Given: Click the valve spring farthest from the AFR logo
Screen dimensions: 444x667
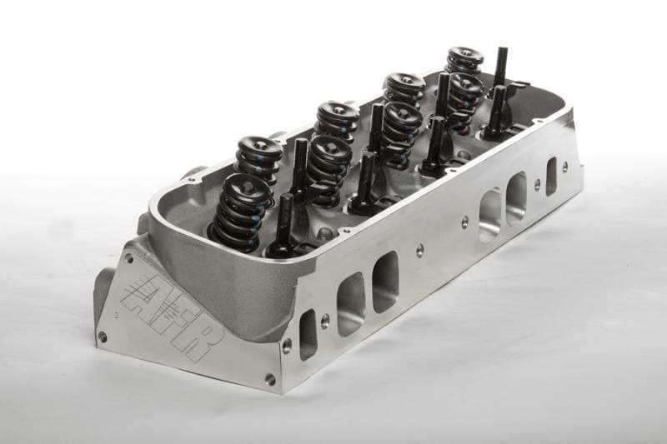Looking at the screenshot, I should pos(464,60).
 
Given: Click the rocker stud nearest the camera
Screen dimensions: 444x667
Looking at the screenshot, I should pos(283,222).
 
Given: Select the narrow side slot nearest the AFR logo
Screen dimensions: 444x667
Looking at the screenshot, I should pos(308,332).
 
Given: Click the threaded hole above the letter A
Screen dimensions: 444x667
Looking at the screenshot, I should pos(128,257).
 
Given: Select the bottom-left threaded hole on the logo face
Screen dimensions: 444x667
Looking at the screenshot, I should pos(103,336).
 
